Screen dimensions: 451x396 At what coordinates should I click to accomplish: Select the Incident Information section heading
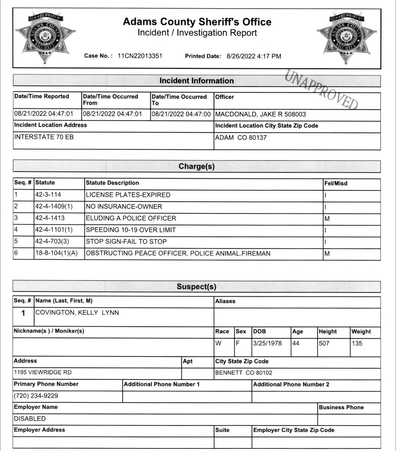point(196,81)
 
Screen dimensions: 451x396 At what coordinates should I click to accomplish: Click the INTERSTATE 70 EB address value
point(44,137)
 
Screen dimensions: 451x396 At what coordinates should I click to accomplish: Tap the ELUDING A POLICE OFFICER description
point(131,218)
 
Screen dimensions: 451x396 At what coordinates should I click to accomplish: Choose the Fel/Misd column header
point(335,183)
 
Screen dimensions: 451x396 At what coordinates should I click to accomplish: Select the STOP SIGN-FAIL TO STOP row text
point(126,242)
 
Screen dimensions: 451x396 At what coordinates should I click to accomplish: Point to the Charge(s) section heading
point(196,166)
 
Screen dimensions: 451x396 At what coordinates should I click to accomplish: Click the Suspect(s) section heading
point(196,287)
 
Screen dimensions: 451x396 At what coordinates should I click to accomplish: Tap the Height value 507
point(324,343)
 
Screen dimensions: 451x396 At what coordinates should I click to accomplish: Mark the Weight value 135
point(357,343)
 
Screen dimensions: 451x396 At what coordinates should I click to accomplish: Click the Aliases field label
point(225,301)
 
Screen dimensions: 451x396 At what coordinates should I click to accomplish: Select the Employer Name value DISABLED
point(30,419)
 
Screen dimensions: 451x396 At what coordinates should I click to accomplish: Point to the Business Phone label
point(341,407)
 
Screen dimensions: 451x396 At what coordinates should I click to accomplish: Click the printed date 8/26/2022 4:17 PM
point(254,56)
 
